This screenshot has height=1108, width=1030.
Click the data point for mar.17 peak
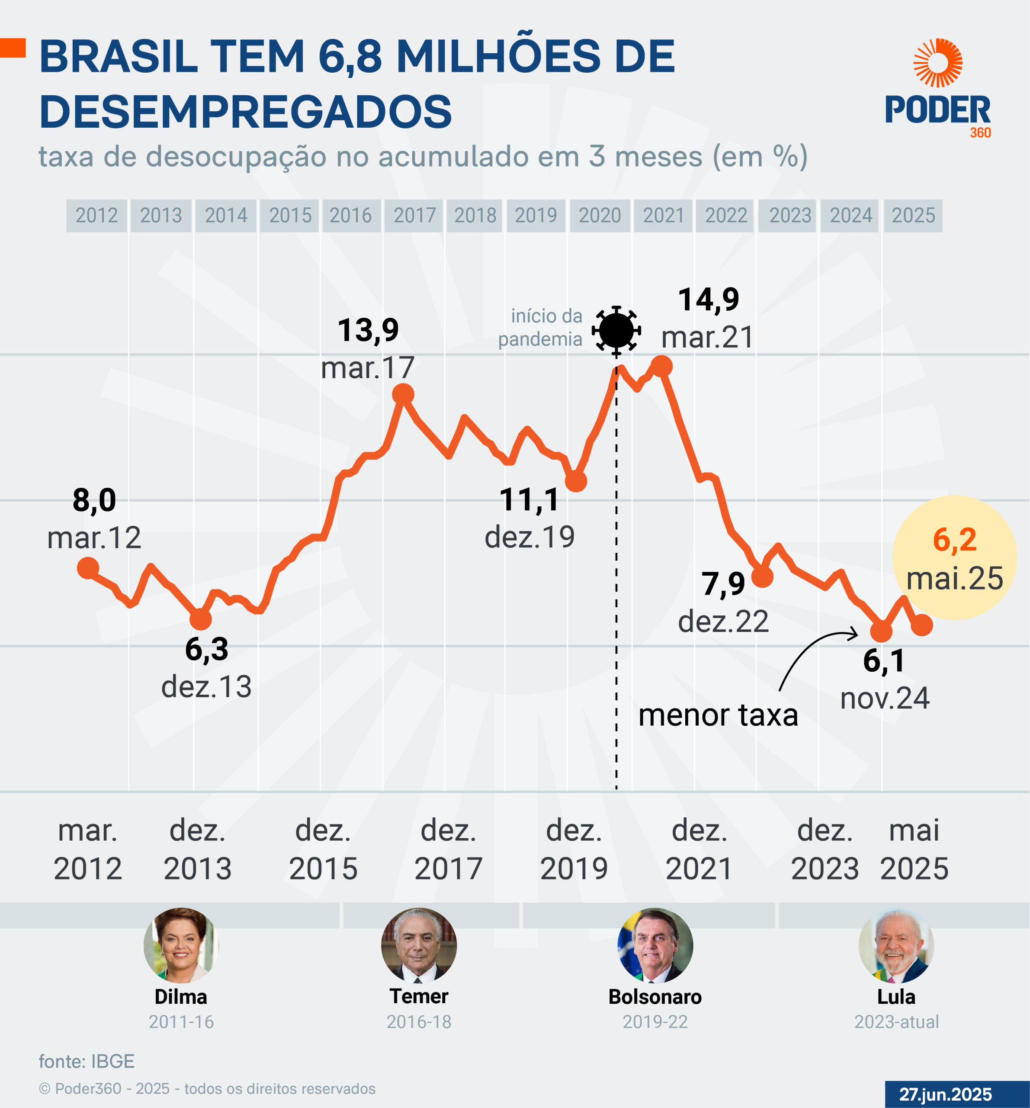pyautogui.click(x=403, y=395)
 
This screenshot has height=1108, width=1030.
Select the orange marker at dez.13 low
pyautogui.click(x=201, y=618)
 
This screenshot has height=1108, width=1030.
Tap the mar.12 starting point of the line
pyautogui.click(x=88, y=568)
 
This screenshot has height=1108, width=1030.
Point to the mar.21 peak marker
pyautogui.click(x=661, y=366)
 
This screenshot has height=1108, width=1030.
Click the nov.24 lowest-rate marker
pyautogui.click(x=881, y=631)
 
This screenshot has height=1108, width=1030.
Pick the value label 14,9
pyautogui.click(x=708, y=300)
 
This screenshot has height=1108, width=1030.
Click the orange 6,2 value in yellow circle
pyautogui.click(x=954, y=540)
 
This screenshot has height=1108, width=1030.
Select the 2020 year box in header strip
pyautogui.click(x=600, y=215)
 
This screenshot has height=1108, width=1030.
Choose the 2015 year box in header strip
pyautogui.click(x=290, y=215)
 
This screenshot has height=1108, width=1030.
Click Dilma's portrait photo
pyautogui.click(x=181, y=945)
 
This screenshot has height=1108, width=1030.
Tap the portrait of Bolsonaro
pyautogui.click(x=655, y=945)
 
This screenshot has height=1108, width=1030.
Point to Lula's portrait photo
pyautogui.click(x=896, y=945)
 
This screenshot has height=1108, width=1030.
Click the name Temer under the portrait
pyautogui.click(x=418, y=996)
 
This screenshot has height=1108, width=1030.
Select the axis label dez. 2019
pyautogui.click(x=574, y=849)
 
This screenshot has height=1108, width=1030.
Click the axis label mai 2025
pyautogui.click(x=914, y=849)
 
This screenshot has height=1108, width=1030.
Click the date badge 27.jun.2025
pyautogui.click(x=945, y=1094)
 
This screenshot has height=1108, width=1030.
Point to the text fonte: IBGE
pyautogui.click(x=87, y=1061)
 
